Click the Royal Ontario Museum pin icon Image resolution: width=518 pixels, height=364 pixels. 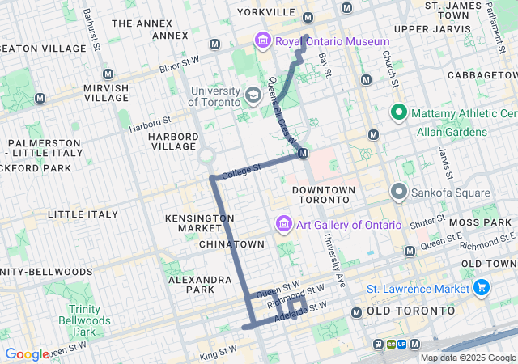(262, 40)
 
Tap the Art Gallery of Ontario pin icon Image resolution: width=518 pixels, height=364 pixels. (283, 223)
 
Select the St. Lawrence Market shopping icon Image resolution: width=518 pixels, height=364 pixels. (482, 288)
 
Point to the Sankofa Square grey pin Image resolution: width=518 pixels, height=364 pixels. (398, 192)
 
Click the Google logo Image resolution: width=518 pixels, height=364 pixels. (27, 354)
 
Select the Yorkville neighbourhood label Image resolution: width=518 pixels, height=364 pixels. (266, 12)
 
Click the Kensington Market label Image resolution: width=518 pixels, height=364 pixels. (199, 224)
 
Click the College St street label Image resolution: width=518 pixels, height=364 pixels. (242, 171)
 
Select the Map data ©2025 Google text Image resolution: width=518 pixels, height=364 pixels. (467, 358)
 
